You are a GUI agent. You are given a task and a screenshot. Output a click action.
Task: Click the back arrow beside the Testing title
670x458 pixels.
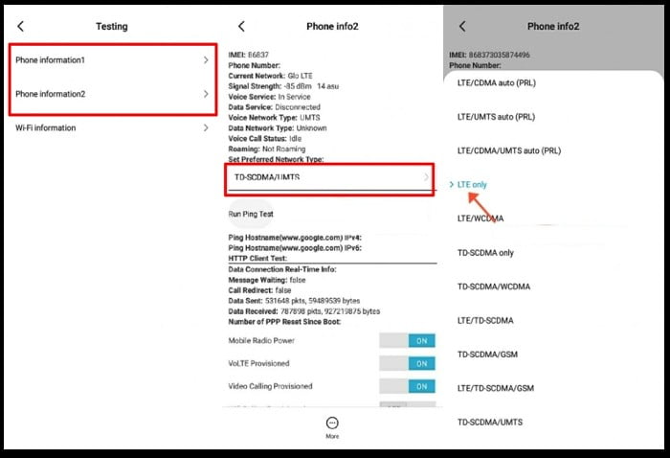21,26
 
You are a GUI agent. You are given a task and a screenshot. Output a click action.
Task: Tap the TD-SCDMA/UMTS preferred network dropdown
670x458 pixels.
330,177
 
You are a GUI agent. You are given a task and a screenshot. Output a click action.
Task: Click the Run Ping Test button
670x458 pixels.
251,214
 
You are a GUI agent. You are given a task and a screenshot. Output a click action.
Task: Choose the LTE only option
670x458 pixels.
472,184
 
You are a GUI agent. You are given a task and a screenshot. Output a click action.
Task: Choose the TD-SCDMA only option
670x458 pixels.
485,253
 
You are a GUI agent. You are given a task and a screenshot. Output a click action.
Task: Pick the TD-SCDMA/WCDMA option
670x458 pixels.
494,286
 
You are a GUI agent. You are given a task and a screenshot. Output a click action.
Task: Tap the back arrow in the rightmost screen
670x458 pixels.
462,26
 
